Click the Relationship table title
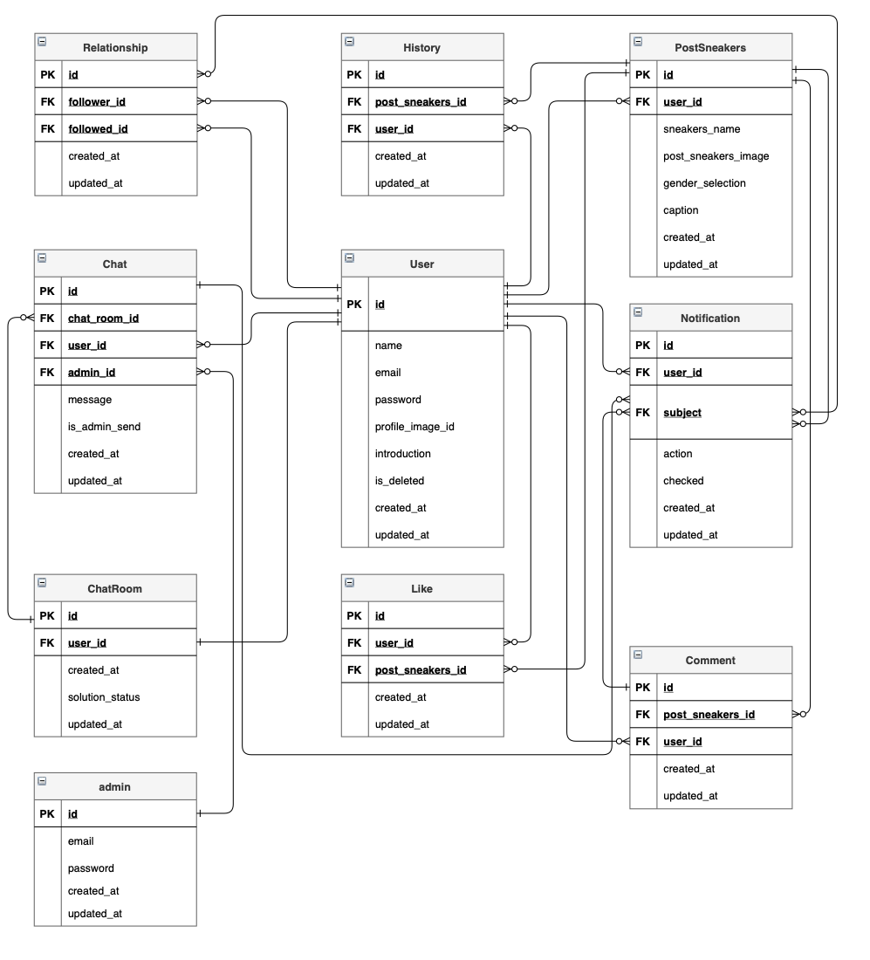[115, 47]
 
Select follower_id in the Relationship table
[97, 102]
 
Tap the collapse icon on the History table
[350, 41]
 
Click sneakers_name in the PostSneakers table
[702, 129]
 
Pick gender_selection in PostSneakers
[704, 183]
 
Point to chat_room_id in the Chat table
[103, 319]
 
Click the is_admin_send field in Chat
[104, 427]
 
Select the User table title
[421, 264]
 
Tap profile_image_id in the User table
[414, 427]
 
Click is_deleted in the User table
[400, 481]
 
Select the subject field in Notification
[682, 413]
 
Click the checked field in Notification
[683, 481]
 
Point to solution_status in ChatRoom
[104, 697]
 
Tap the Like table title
[421, 588]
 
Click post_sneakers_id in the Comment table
[709, 715]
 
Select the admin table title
[115, 786]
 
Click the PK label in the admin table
[47, 814]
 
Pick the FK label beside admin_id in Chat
[47, 373]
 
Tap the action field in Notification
[678, 454]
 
